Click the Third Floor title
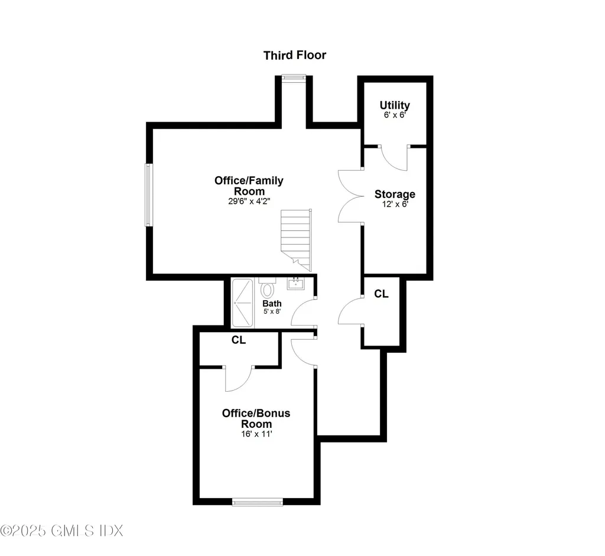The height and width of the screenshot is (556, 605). coord(294,56)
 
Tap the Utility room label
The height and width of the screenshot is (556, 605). coord(394,105)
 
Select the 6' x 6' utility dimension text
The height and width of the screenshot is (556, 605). coord(394,115)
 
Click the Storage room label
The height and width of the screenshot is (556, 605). coord(395,194)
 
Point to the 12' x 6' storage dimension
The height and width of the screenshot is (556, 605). coord(395,204)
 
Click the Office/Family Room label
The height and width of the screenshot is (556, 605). coord(249,186)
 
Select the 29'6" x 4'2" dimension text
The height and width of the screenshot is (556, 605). coord(249,201)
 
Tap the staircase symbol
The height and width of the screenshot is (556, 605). coord(296,236)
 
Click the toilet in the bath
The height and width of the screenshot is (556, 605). coord(268,289)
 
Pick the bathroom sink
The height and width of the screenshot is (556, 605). coord(295,284)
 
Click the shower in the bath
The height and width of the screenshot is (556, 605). coord(242,302)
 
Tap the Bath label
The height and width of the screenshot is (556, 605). coord(272,304)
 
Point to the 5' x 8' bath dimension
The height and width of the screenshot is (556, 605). coord(272,312)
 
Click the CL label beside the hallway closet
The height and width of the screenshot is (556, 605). coord(382,294)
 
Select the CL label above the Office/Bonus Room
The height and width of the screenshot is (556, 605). coord(239,340)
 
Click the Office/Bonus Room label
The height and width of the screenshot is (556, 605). coord(256,418)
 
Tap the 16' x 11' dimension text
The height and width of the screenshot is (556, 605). coord(256,434)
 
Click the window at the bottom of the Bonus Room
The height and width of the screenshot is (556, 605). coord(258,502)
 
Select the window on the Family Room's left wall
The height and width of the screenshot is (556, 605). coord(149,194)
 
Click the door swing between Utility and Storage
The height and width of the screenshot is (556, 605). coord(393,156)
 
